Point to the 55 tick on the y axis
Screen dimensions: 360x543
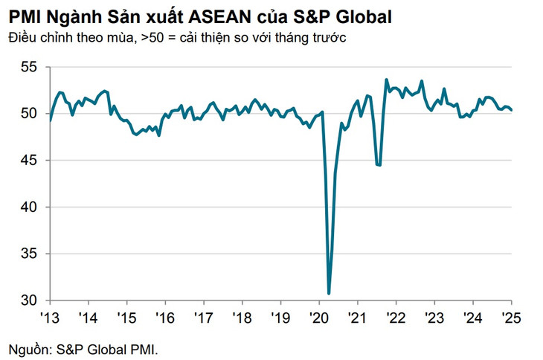(x=28, y=68)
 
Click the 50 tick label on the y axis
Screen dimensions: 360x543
(x=28, y=114)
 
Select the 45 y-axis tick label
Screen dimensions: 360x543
(x=28, y=161)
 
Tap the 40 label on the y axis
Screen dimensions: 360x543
(x=28, y=207)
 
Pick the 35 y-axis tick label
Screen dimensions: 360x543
(x=28, y=254)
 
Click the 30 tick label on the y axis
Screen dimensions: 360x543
(x=28, y=300)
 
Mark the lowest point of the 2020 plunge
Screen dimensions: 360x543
(x=329, y=293)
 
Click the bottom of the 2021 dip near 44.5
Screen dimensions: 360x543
(x=379, y=165)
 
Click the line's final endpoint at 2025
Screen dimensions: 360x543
(x=511, y=110)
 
